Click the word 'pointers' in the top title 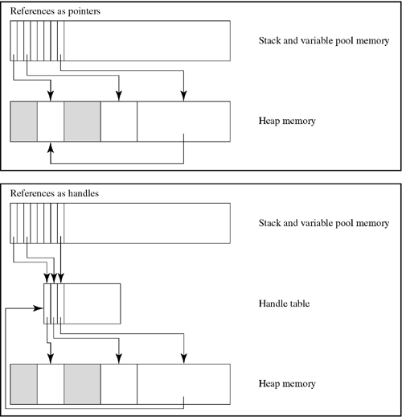click(x=84, y=11)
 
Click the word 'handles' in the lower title click(x=84, y=193)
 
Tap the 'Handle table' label click(x=284, y=303)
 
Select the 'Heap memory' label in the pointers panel click(x=287, y=121)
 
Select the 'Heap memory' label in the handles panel click(x=287, y=384)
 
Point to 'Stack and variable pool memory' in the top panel click(x=324, y=41)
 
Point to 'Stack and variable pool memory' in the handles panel click(x=324, y=223)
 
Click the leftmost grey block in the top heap click(x=24, y=122)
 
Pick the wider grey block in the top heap click(x=82, y=122)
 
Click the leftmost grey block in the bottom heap click(x=24, y=384)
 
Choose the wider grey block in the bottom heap click(x=82, y=384)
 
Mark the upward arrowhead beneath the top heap click(x=51, y=147)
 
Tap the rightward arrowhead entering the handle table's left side click(x=38, y=308)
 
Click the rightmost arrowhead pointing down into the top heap click(x=183, y=96)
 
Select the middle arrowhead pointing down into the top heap click(x=119, y=96)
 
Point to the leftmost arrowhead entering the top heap click(x=51, y=96)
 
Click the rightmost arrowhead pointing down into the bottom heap click(x=183, y=359)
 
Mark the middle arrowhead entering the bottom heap click(x=119, y=359)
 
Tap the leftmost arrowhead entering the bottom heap click(x=51, y=359)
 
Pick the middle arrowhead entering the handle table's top click(x=54, y=279)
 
